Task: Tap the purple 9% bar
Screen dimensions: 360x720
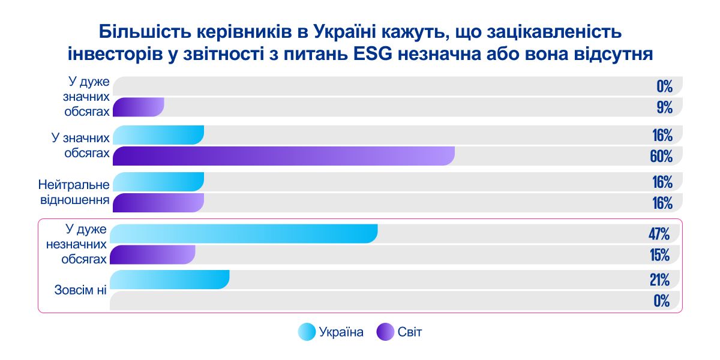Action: (x=139, y=107)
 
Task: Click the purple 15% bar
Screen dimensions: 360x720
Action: (x=154, y=255)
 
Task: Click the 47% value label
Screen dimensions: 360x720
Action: (x=659, y=233)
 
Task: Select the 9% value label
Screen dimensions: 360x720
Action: (x=664, y=108)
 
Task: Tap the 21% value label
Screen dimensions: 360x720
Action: (x=659, y=280)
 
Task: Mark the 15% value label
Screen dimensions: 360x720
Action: (x=659, y=255)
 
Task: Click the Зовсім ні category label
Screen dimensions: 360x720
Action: (x=80, y=290)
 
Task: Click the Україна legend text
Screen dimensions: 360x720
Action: (x=341, y=332)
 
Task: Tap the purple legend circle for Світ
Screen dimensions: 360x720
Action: (x=385, y=332)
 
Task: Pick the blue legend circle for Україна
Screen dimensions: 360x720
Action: (x=307, y=332)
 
